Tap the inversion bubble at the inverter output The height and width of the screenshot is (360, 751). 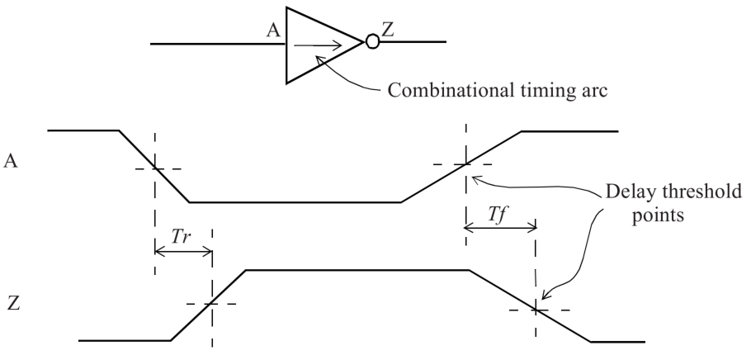coord(372,40)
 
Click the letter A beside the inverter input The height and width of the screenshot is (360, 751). coord(273,31)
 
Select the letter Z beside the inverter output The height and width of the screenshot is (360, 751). coord(388,31)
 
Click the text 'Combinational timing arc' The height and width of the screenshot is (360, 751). coord(497,90)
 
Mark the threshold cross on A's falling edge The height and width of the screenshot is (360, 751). coord(154,168)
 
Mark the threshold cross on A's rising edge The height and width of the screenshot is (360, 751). coord(465,164)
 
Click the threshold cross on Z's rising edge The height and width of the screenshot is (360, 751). coord(212,304)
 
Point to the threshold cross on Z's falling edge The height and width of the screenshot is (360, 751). coord(535,309)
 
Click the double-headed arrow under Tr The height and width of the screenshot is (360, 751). coord(183,252)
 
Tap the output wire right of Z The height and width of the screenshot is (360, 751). coord(422,40)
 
